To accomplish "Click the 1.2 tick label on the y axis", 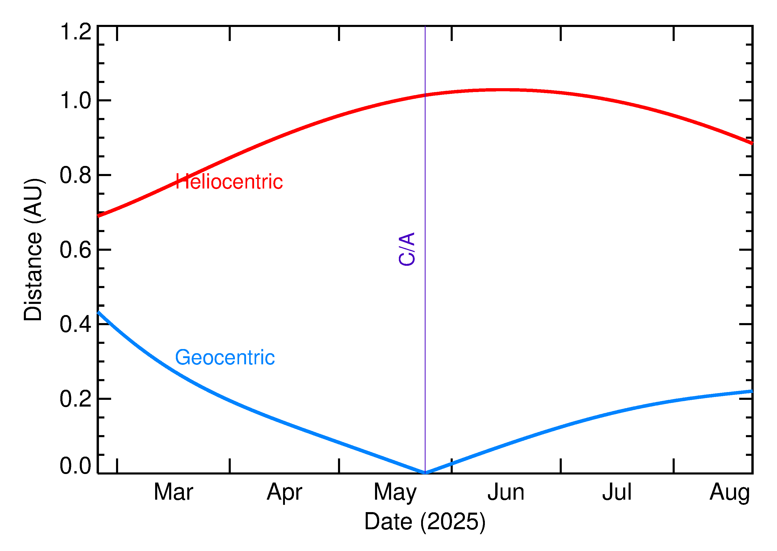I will coord(75,32).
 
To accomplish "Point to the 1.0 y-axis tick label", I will coord(75,101).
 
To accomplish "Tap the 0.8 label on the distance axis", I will coord(75,175).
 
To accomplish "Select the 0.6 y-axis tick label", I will coord(75,250).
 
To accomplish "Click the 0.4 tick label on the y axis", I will coord(75,324).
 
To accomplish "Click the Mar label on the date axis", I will coord(173,492).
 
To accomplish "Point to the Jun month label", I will coord(506,492).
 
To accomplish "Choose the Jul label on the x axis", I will coord(617,492).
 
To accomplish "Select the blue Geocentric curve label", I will coord(225,358).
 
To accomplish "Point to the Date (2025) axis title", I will coord(425,521).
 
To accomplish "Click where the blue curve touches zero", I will coord(425,473).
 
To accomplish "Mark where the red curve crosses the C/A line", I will coord(425,95).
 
